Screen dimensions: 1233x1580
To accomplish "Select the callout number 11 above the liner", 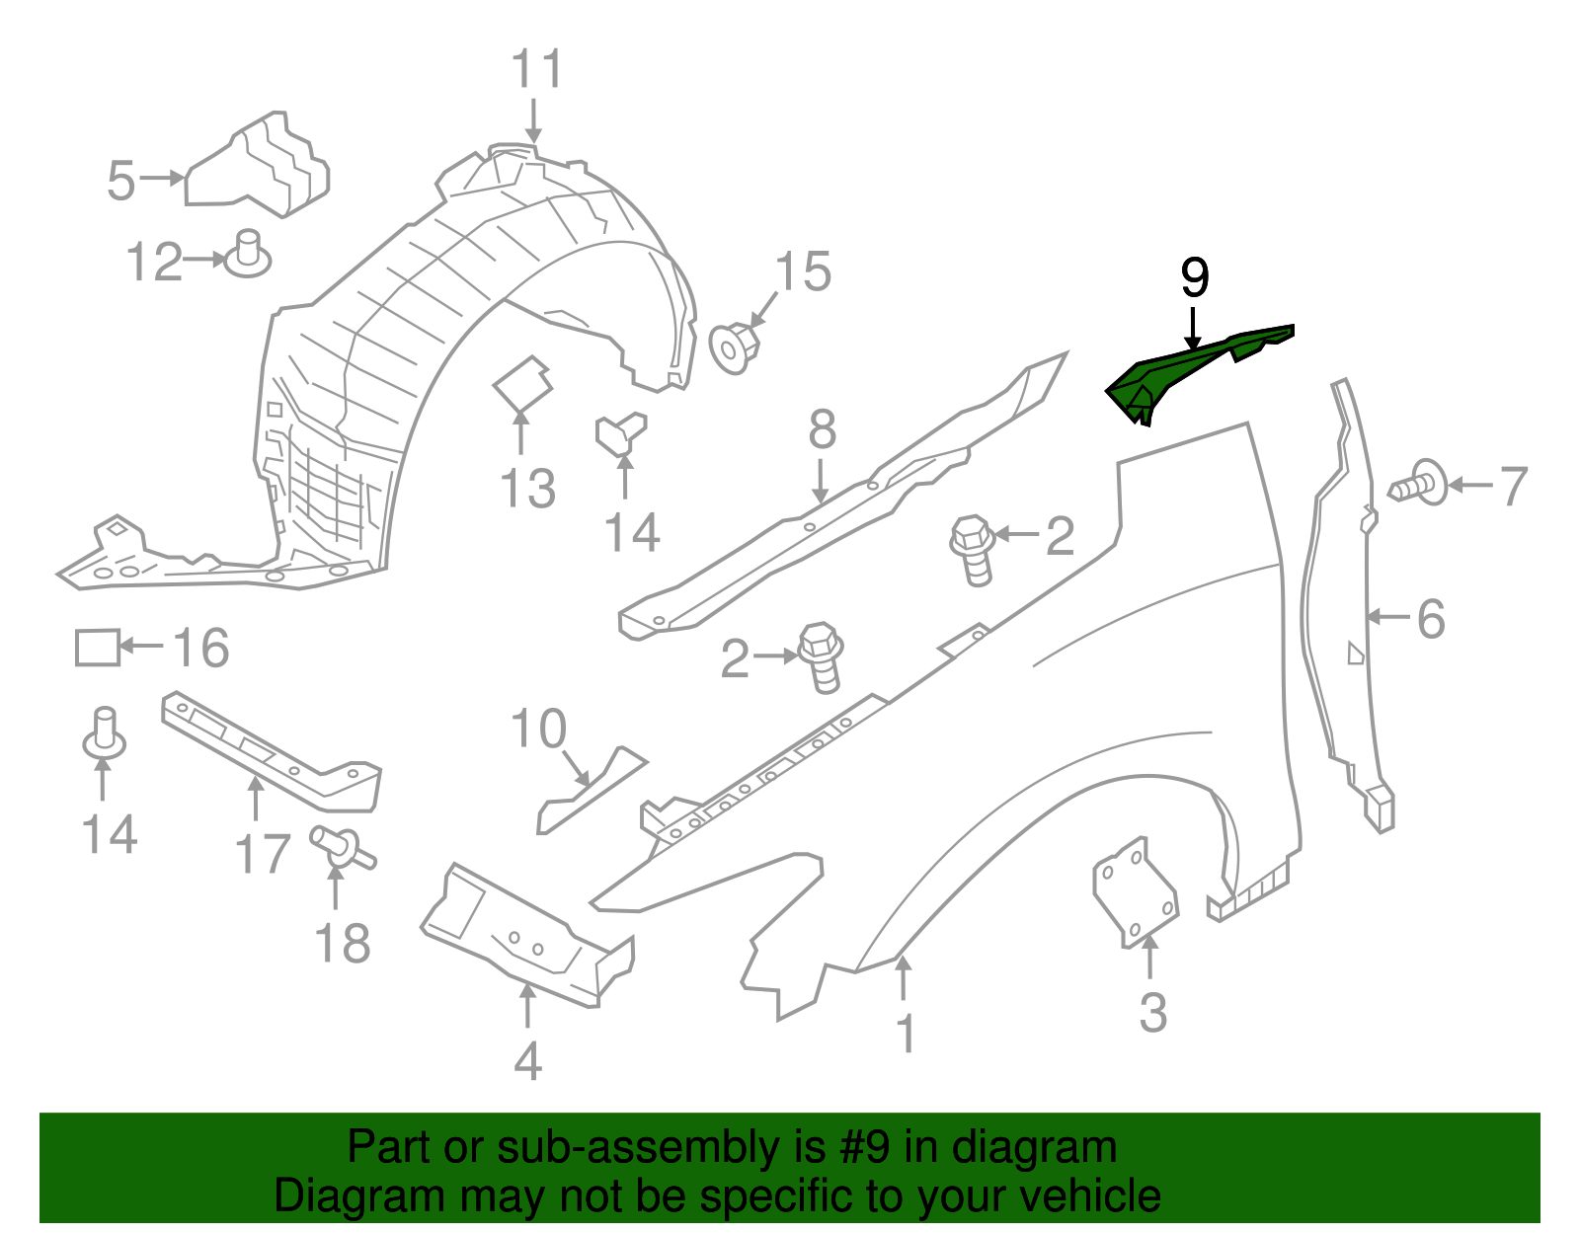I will pos(536,71).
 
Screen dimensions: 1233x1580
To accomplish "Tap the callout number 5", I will pos(120,182).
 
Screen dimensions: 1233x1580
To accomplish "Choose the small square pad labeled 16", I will pos(98,648).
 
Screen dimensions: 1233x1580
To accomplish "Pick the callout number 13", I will pos(527,489).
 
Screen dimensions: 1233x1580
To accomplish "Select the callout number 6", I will pos(1431,620).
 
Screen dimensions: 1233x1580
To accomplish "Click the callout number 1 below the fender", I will pos(906,1034).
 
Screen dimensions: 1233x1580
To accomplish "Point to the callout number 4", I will pos(528,1061).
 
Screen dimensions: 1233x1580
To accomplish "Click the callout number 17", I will pos(263,854).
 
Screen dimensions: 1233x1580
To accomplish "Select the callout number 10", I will pos(538,730).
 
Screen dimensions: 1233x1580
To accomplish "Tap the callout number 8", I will pos(822,430).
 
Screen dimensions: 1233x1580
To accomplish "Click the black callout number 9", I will pos(1195,278).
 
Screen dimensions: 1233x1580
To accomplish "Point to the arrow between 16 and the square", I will pos(141,647).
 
